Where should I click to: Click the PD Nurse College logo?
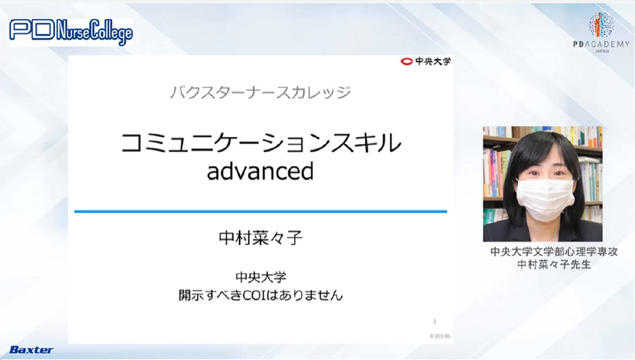coord(71,32)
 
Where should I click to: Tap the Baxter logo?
coord(31,350)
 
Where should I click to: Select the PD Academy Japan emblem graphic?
coord(601,25)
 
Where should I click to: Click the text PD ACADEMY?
coord(601,44)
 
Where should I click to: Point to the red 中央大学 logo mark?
coord(406,61)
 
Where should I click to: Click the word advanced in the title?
coord(260,171)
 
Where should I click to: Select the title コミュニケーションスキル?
coord(261,143)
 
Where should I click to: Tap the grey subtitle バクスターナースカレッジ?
coord(260,92)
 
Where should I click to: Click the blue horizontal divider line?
coord(260,211)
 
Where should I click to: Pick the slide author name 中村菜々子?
coord(260,238)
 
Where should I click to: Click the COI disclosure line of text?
coord(260,295)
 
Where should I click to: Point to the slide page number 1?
coord(435,322)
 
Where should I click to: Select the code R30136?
coord(440,336)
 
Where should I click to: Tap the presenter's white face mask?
coord(545,199)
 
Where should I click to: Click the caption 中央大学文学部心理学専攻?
coord(554,251)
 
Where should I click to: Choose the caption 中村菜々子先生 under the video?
coord(554,265)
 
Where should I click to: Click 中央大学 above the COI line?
coord(260,277)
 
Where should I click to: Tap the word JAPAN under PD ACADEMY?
coord(601,52)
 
